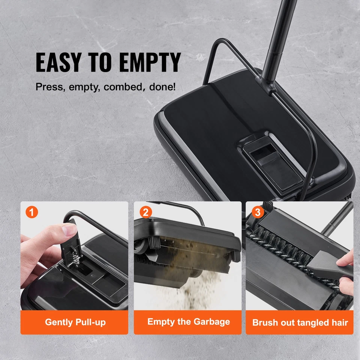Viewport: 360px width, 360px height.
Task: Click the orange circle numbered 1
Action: click(x=31, y=212)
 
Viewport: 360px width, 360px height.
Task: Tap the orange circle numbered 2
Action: click(x=145, y=212)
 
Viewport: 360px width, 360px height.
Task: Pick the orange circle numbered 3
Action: click(x=257, y=212)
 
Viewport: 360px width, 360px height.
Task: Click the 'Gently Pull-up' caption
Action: click(x=75, y=322)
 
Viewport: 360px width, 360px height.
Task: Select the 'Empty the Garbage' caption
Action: click(x=188, y=322)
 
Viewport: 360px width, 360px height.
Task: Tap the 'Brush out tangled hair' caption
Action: click(x=300, y=322)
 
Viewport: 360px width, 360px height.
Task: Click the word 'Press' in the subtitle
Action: click(x=46, y=87)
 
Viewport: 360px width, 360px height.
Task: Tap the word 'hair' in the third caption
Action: click(x=339, y=322)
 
